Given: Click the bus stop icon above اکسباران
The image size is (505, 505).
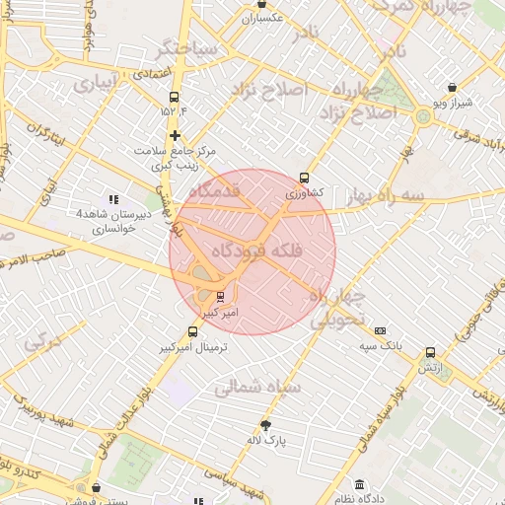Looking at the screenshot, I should tap(261, 4).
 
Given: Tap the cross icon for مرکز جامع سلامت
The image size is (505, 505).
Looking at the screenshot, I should tap(176, 135).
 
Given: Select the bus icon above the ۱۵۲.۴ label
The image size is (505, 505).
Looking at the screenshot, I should tap(176, 97).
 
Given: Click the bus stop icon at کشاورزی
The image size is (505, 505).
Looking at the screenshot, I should tap(304, 179).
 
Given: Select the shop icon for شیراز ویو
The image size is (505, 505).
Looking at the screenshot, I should tap(452, 87).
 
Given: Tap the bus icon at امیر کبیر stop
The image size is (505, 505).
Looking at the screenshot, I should tap(220, 295).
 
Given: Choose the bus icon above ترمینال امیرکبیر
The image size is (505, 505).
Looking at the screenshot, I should tap(192, 332).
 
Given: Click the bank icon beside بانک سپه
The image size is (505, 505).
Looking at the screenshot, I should tap(381, 330).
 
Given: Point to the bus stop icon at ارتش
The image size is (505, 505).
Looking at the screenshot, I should tap(430, 352).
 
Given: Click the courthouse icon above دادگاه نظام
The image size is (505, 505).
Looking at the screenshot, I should tap(359, 485).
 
